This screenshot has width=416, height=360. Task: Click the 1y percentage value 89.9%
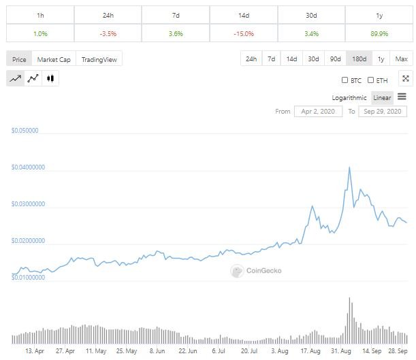(380, 32)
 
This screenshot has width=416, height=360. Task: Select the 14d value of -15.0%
(244, 32)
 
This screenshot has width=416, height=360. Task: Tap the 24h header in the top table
(108, 14)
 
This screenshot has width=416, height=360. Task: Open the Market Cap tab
(54, 59)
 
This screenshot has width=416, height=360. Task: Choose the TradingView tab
(99, 59)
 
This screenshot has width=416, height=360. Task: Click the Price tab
(19, 59)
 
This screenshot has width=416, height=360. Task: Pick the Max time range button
(401, 59)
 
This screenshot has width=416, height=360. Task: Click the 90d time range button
(334, 59)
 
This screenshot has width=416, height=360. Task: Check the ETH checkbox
(371, 80)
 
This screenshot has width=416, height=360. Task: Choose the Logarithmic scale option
(349, 97)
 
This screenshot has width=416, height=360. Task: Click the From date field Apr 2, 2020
(318, 111)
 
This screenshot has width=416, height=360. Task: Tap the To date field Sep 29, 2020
(383, 111)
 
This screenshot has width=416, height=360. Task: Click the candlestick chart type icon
(50, 79)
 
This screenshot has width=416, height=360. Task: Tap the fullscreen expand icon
(406, 79)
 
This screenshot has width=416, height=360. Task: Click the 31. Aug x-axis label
(341, 352)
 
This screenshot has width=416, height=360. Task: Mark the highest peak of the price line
(349, 167)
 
